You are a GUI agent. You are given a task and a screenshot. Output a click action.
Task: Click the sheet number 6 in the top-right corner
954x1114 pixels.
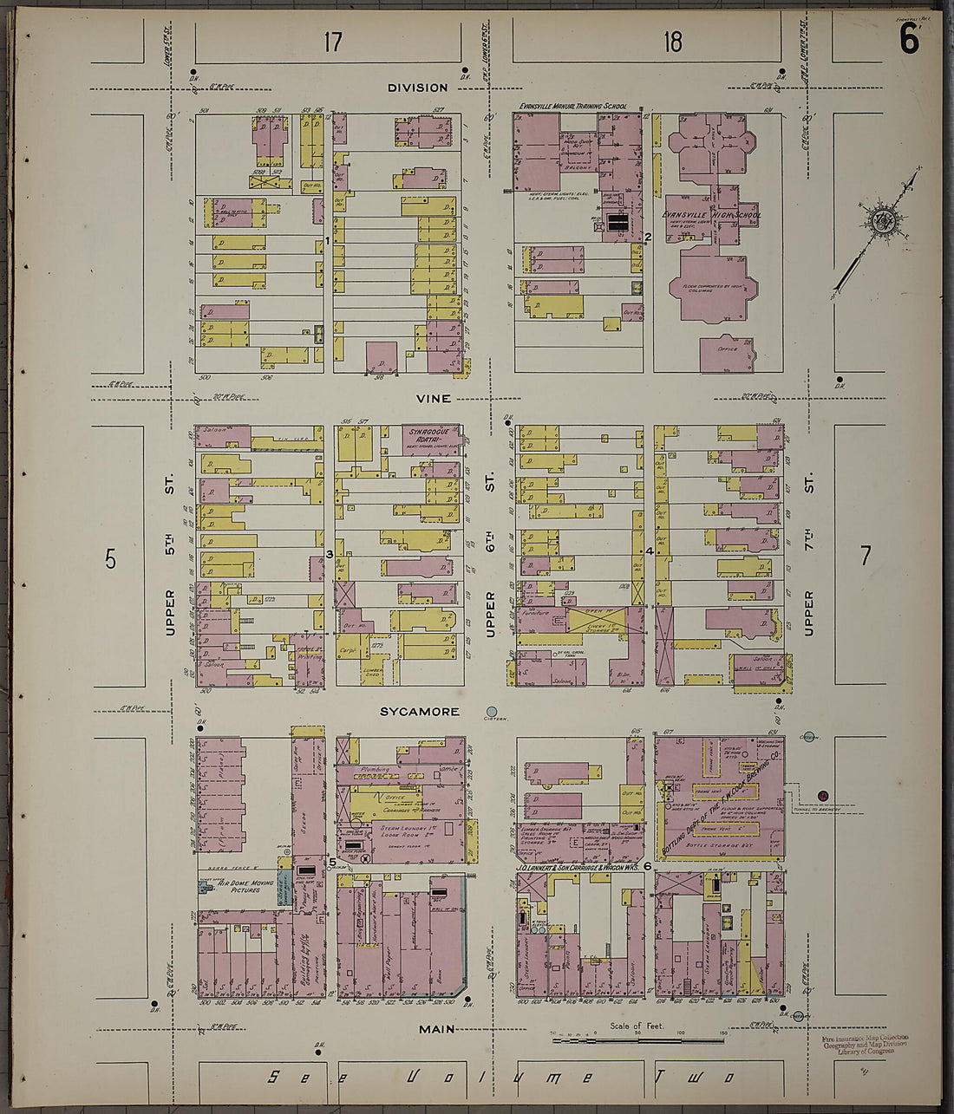click(908, 39)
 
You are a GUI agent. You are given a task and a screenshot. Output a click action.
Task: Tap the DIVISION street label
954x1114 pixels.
click(417, 88)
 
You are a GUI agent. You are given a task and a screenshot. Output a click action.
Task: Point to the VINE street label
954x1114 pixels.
click(433, 399)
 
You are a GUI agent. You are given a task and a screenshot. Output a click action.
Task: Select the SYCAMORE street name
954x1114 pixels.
click(419, 712)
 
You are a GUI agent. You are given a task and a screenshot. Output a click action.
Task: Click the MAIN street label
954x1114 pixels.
click(437, 1029)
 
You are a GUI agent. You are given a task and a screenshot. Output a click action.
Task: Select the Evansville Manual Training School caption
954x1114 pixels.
click(572, 107)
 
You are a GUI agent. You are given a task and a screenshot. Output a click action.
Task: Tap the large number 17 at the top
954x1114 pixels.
click(333, 42)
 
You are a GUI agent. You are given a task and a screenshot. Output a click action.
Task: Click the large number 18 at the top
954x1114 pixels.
click(673, 42)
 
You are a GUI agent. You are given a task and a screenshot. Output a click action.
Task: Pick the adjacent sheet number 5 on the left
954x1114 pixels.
click(110, 559)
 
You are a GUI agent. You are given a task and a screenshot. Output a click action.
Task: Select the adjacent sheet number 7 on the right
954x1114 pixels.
click(865, 555)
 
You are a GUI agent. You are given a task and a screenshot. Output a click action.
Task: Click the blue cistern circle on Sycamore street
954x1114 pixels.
click(492, 712)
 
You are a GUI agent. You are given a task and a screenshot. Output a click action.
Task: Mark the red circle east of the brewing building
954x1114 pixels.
click(823, 796)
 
